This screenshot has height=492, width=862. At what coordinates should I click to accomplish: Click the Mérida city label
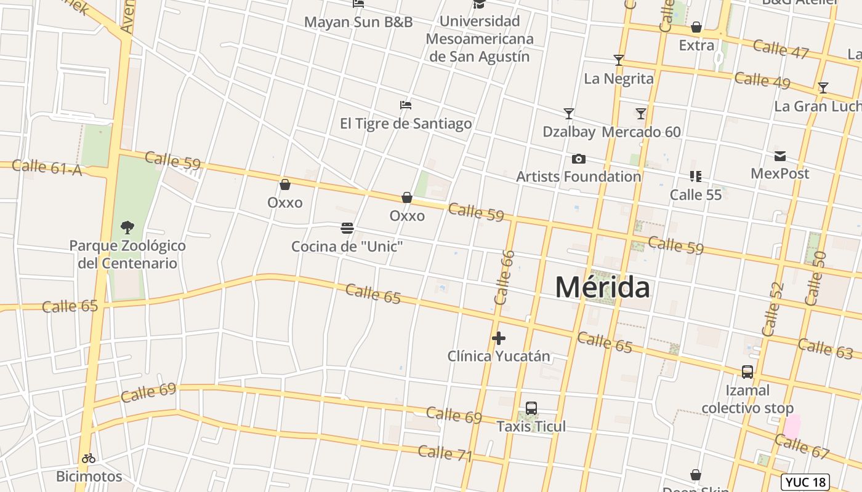(602, 287)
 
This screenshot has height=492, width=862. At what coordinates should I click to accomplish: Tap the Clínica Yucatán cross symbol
(499, 338)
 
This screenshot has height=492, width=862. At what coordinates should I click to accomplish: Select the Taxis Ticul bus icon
(531, 408)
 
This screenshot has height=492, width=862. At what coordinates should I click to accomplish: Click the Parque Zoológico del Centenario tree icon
(127, 228)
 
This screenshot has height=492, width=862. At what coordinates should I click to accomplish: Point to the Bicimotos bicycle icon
(89, 458)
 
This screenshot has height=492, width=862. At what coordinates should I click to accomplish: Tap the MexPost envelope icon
(780, 156)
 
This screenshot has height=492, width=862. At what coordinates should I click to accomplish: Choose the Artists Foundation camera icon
(579, 159)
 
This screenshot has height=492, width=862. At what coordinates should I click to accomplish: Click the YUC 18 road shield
(805, 482)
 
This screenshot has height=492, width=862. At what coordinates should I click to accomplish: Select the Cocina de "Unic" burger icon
(347, 228)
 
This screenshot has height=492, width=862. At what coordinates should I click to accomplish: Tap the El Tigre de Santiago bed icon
(405, 105)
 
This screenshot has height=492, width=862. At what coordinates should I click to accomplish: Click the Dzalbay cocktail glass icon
(569, 114)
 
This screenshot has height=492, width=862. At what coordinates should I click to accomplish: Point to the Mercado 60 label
(641, 132)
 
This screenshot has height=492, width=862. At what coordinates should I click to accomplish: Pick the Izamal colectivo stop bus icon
(747, 372)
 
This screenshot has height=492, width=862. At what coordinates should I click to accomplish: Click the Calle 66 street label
(504, 277)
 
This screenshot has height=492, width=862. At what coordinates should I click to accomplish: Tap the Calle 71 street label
(445, 454)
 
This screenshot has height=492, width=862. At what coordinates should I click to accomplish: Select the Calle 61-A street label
(47, 167)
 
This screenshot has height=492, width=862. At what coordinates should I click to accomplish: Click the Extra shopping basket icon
(696, 27)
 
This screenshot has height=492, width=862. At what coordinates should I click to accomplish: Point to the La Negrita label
(618, 78)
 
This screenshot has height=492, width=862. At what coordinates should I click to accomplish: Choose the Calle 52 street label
(773, 309)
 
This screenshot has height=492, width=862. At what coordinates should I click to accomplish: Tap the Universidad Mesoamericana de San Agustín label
(480, 39)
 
